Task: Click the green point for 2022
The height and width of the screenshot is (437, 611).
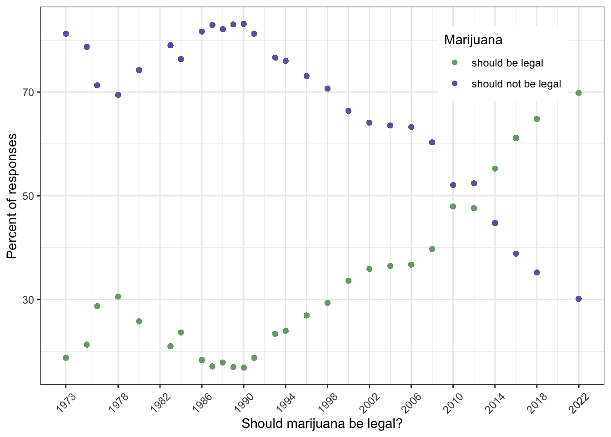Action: [578, 93]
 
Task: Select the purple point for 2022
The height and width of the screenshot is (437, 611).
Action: [578, 299]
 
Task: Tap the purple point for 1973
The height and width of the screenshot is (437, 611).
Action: [65, 34]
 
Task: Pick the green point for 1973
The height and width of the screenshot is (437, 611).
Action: [65, 358]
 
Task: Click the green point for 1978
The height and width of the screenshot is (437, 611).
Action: [118, 297]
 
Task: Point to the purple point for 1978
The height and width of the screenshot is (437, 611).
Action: [118, 95]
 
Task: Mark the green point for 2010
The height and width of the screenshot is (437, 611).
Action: [453, 206]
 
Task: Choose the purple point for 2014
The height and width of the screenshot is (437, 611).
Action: [495, 223]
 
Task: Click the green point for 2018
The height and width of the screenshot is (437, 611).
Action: [536, 119]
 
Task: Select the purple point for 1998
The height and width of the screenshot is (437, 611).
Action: [327, 88]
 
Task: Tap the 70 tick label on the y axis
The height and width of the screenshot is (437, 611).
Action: [29, 92]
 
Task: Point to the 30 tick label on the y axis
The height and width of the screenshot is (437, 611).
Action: [29, 300]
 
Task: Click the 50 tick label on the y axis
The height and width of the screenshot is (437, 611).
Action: [29, 196]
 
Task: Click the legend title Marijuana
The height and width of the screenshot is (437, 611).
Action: [473, 40]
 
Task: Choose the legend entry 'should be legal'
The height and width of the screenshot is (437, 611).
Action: [507, 63]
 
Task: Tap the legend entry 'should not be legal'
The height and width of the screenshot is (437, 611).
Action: [516, 84]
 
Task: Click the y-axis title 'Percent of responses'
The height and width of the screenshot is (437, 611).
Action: [12, 196]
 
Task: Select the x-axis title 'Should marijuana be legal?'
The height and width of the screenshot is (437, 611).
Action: [322, 424]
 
